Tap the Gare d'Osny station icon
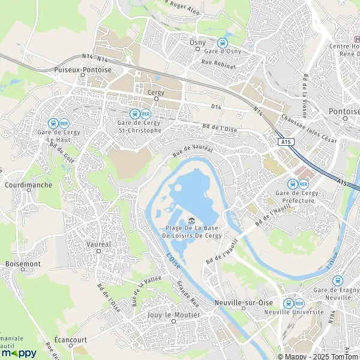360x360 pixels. coord(223,43)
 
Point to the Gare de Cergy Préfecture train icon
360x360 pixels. coord(292,184)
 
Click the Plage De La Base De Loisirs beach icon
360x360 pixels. coord(191,220)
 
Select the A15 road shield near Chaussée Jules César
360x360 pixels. coord(287,142)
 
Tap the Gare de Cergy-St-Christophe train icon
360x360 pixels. coord(134,113)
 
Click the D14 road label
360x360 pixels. coord(217,107)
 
